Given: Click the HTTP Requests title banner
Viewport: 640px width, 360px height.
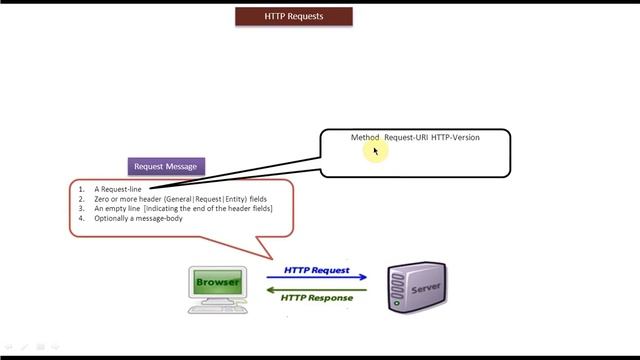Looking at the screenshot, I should coord(294,17).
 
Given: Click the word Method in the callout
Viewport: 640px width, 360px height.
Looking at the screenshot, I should coord(365,137).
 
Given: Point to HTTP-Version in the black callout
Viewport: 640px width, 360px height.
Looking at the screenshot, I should coord(456,137).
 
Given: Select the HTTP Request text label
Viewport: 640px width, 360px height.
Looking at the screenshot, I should coord(317,269).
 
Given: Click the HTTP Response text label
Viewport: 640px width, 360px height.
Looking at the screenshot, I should coord(317,298).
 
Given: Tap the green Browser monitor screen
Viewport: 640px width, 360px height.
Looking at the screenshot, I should coord(218,282).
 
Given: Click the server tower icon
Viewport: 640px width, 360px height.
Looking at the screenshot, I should coord(416,286).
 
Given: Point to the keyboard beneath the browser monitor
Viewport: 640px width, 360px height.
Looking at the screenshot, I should coord(220,309).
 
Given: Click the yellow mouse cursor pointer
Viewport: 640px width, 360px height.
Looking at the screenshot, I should coord(376,151).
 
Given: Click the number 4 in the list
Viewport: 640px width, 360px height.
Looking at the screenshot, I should coord(82,218).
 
